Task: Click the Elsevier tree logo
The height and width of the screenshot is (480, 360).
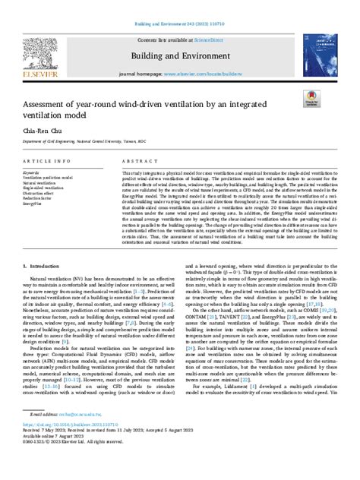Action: pos(45,50)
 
